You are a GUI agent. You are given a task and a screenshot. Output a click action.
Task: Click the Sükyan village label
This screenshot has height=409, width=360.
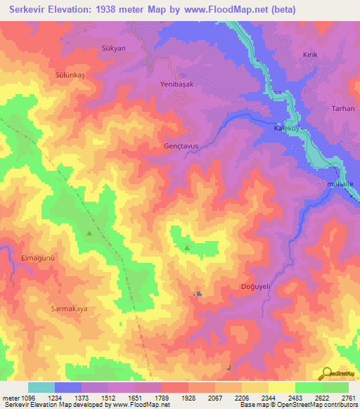(113, 48)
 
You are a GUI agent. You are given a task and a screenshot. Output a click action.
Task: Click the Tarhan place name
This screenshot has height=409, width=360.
(343, 109)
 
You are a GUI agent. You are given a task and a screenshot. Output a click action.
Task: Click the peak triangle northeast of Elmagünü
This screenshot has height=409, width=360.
(89, 233)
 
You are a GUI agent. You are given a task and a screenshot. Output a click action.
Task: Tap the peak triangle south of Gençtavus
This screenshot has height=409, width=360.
(186, 247)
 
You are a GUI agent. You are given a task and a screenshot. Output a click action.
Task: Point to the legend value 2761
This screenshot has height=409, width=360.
(348, 398)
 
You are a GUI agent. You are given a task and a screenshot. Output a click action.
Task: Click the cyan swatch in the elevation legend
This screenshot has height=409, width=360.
(41, 387)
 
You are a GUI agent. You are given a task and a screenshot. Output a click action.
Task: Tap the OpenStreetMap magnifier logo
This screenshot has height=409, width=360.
(326, 372)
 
